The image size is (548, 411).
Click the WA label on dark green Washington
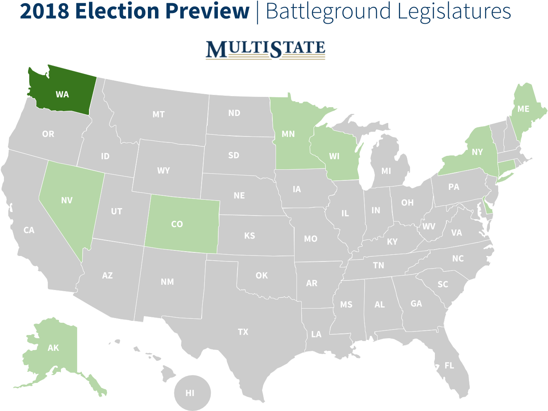[62, 95]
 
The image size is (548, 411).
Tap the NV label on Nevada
[67, 201]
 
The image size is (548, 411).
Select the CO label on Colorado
[177, 224]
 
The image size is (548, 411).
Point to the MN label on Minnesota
[288, 134]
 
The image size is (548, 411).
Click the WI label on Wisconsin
[334, 156]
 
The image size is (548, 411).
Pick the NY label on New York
[477, 152]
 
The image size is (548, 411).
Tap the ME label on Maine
[523, 109]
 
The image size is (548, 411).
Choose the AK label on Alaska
[53, 348]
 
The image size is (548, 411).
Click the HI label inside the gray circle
[190, 393]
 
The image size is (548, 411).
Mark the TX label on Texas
[243, 332]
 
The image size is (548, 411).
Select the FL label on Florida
[449, 366]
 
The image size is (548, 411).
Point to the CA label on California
[29, 230]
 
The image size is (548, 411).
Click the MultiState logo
[265, 49]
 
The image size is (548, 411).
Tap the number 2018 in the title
[44, 11]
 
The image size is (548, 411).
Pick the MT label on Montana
[159, 114]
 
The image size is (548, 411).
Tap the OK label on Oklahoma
[262, 275]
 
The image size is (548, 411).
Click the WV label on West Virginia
[429, 226]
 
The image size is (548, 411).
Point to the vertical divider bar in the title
[258, 12]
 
